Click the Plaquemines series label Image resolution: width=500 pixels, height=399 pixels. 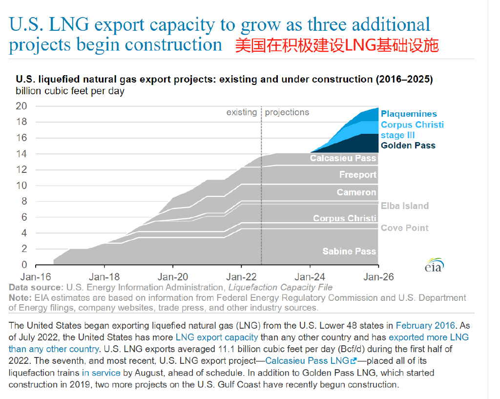(x=409, y=114)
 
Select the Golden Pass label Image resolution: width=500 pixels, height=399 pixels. (x=408, y=145)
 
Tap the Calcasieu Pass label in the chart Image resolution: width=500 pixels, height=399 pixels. (x=343, y=158)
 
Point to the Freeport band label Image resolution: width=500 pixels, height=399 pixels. (x=357, y=174)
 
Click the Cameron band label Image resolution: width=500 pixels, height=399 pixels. (x=356, y=192)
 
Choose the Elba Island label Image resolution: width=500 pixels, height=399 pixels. (x=404, y=206)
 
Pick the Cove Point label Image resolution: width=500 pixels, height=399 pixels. (x=404, y=228)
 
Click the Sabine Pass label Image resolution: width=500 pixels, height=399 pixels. (x=349, y=251)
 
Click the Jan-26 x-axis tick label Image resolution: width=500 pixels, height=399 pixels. (x=378, y=276)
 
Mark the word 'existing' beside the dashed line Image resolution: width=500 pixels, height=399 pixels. (x=241, y=112)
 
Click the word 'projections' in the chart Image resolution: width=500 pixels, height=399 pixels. (x=287, y=112)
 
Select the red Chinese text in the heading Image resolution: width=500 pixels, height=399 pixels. (x=336, y=46)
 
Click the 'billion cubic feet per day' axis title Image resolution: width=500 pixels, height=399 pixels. (x=70, y=91)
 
